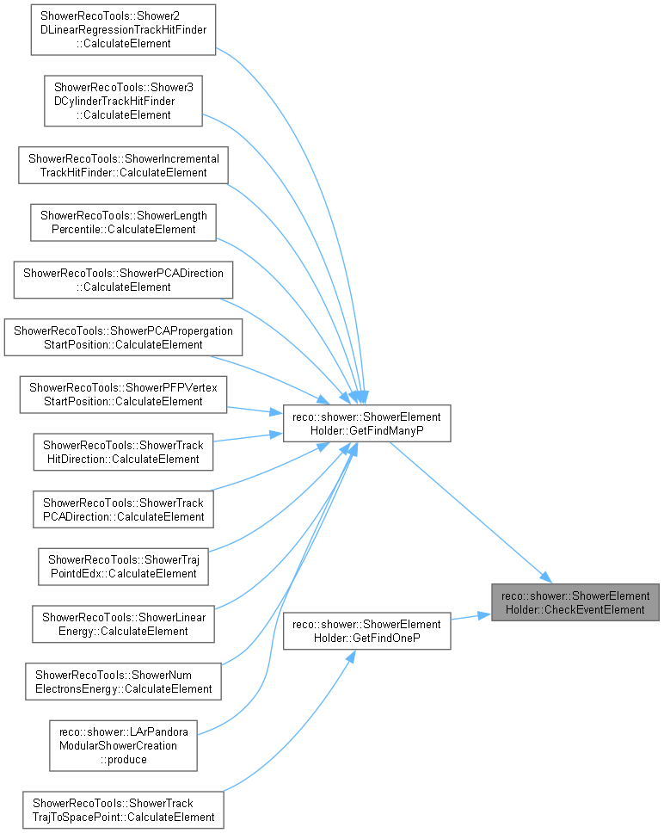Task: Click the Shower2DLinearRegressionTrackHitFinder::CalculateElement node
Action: click(x=123, y=30)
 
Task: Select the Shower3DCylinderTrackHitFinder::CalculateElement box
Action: click(x=123, y=101)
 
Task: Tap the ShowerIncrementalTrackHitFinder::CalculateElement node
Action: click(x=123, y=166)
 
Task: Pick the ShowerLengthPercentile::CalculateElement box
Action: click(x=123, y=223)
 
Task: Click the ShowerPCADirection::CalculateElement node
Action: click(x=123, y=280)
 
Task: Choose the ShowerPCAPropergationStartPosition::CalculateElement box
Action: click(x=123, y=337)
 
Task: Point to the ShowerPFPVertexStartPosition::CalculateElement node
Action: click(x=123, y=395)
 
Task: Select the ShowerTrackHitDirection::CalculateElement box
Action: click(x=123, y=452)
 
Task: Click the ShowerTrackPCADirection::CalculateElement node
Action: click(x=123, y=509)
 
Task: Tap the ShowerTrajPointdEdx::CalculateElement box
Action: click(x=123, y=567)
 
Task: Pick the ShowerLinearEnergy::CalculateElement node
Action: click(x=123, y=624)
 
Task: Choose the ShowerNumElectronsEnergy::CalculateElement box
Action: click(x=123, y=682)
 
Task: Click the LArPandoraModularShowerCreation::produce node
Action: click(x=123, y=746)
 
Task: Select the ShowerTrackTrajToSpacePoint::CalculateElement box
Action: click(x=123, y=810)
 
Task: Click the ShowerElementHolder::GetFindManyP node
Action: click(x=366, y=423)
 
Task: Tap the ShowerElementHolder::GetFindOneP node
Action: click(x=366, y=631)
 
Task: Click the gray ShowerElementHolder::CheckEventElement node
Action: click(x=575, y=602)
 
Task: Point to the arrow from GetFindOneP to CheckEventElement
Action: click(x=470, y=617)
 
